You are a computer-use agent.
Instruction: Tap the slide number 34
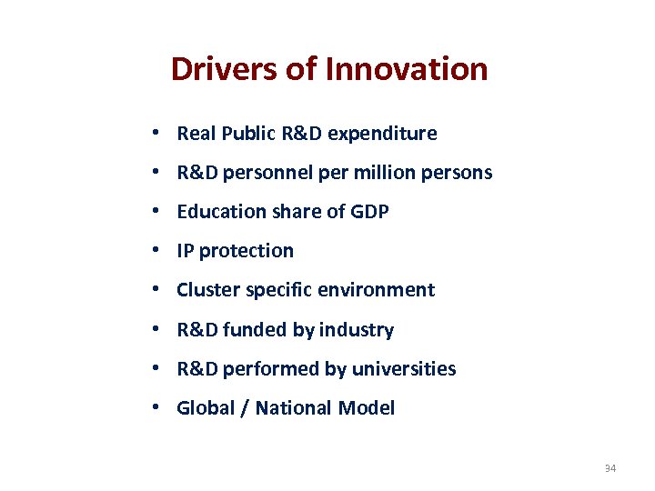610,469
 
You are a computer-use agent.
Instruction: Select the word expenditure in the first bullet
382,134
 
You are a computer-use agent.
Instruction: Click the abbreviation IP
186,251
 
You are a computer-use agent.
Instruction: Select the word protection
247,251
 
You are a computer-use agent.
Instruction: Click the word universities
405,369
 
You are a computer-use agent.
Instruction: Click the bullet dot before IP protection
157,251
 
